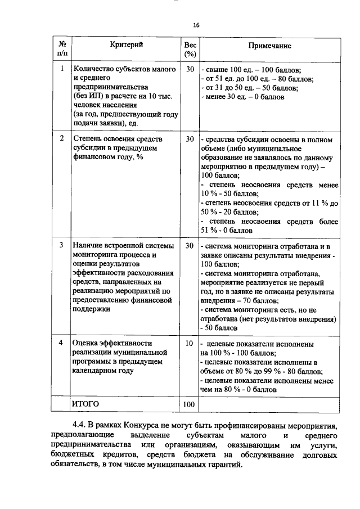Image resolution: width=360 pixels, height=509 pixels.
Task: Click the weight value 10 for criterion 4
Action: click(x=189, y=343)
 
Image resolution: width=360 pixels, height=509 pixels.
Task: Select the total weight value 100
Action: click(x=189, y=404)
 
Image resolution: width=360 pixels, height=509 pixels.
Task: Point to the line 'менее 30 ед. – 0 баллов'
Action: click(x=243, y=97)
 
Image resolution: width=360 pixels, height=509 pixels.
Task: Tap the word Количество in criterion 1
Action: click(x=93, y=69)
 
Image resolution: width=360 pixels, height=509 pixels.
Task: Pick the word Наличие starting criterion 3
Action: click(x=88, y=246)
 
